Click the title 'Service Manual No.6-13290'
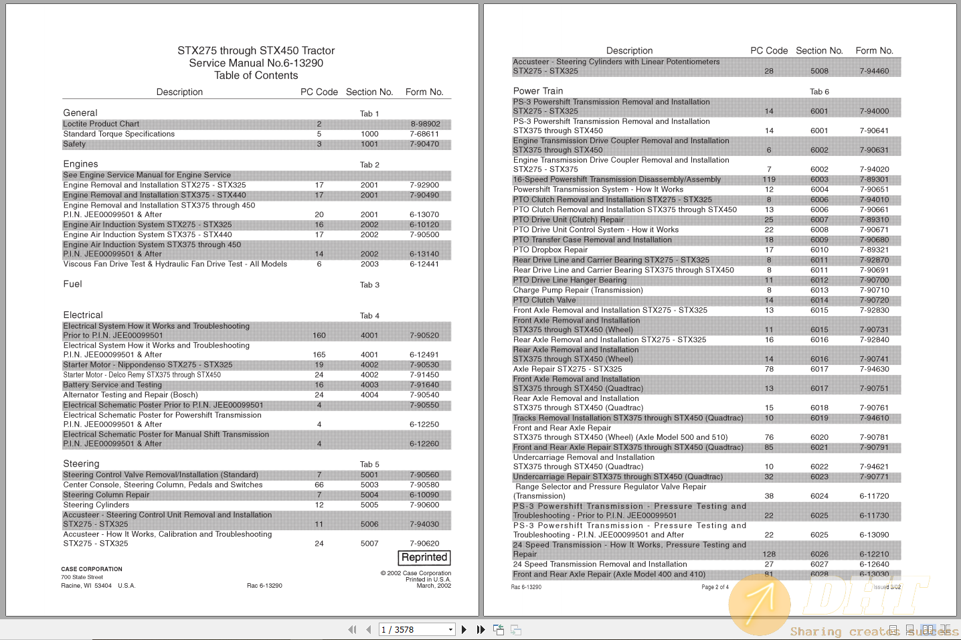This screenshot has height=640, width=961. pos(256,63)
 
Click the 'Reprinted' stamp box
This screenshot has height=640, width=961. pos(425,557)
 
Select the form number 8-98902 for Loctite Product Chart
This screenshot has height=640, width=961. pos(425,124)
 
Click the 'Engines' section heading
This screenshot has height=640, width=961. pos(80,164)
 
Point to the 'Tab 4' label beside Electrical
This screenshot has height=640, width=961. pos(369,315)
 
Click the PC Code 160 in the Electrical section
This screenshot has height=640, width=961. pos(319,335)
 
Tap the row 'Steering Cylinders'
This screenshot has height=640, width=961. pos(96,505)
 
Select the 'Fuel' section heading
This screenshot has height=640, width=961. pos(72,284)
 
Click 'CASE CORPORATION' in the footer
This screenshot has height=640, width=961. pos(92,569)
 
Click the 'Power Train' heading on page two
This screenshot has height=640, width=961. pos(538,91)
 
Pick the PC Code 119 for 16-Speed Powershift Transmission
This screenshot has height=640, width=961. pos(769,179)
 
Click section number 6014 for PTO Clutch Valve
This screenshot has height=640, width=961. pos(819,301)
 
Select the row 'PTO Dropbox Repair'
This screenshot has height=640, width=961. pos(550,250)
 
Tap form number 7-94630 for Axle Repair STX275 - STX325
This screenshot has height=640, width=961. pos(874,369)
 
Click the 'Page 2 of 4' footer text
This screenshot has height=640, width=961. pos(715,587)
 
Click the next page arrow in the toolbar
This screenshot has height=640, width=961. pos(464,629)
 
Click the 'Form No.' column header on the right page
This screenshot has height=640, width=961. pos(874,50)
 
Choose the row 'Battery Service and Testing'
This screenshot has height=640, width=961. pos(112,385)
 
